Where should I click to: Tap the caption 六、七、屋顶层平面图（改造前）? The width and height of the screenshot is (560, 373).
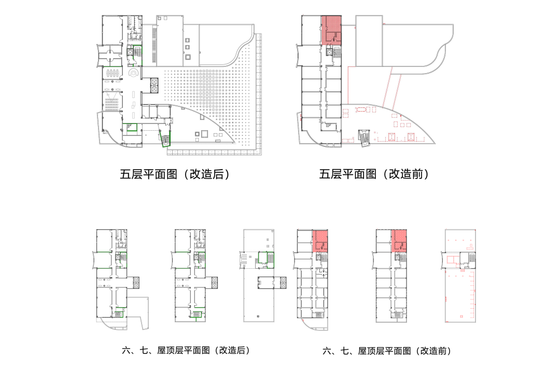tap(387, 351)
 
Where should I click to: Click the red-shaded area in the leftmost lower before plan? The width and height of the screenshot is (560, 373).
tap(320, 241)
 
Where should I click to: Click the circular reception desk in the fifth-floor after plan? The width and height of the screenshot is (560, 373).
tap(133, 74)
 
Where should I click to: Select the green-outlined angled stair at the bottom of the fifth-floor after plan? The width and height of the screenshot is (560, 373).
tap(165, 140)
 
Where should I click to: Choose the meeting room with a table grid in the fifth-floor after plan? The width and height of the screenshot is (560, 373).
tap(113, 76)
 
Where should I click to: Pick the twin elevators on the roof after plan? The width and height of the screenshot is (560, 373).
tap(282, 283)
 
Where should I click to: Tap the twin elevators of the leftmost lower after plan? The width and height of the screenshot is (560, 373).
tap(136, 283)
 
